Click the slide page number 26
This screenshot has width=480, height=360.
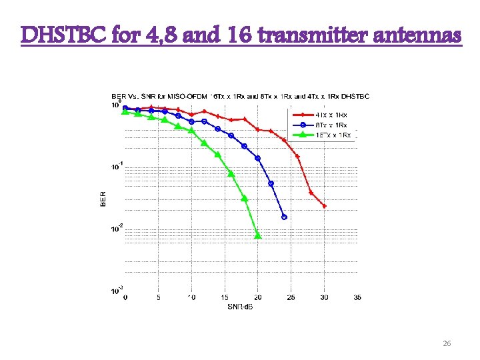click(447, 343)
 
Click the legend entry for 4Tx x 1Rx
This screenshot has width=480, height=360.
click(331, 115)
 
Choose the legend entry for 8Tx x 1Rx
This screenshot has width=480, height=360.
click(331, 125)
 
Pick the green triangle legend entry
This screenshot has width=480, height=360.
click(331, 135)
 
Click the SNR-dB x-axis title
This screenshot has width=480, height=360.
click(240, 307)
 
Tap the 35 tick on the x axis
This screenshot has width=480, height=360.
click(357, 298)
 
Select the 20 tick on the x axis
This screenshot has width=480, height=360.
click(258, 298)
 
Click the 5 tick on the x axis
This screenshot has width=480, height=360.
click(158, 298)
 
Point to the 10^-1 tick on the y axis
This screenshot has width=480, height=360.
click(117, 167)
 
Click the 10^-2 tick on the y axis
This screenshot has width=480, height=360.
click(117, 229)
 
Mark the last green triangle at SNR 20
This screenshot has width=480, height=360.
click(258, 236)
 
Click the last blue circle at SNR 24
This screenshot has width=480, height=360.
click(285, 217)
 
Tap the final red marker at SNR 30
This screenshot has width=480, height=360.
click(325, 206)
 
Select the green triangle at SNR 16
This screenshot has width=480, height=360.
click(231, 173)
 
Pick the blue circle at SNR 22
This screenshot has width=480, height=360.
click(271, 183)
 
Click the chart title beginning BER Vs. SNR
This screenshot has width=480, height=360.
click(240, 96)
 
